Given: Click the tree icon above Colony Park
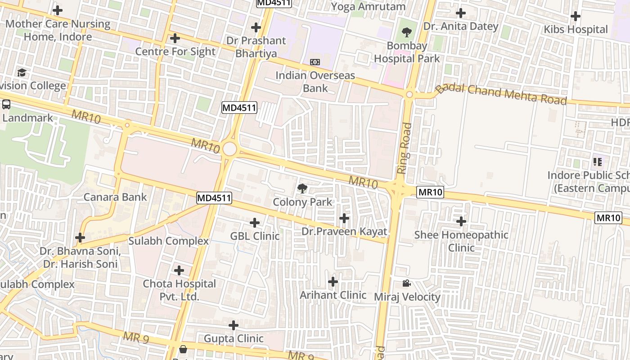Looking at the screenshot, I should [x=302, y=189].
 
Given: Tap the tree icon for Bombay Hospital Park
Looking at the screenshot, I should [x=407, y=32].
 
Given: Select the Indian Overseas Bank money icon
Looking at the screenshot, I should [x=315, y=62].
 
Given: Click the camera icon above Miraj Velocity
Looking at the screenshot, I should [x=406, y=283].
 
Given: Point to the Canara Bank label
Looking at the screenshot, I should [x=115, y=197].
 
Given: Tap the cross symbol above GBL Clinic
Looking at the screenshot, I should [x=255, y=223].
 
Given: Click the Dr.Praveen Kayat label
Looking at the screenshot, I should [x=344, y=232].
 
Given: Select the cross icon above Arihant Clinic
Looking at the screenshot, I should [x=333, y=282].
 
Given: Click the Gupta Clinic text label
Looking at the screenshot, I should [x=234, y=338].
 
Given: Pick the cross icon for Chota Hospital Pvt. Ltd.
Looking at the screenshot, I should [x=179, y=270].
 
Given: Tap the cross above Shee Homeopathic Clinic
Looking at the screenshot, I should [x=461, y=221].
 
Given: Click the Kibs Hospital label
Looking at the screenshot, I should [x=576, y=30].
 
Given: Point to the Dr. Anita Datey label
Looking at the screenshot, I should [x=461, y=27].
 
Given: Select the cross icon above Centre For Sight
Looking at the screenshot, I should [x=175, y=38].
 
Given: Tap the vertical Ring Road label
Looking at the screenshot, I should [x=405, y=148].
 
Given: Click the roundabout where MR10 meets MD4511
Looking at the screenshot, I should [x=229, y=149].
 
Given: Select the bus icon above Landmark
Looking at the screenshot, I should [x=6, y=104].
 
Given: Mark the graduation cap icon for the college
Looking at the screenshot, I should [x=22, y=72].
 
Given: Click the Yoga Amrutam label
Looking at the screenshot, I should [x=368, y=7].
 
